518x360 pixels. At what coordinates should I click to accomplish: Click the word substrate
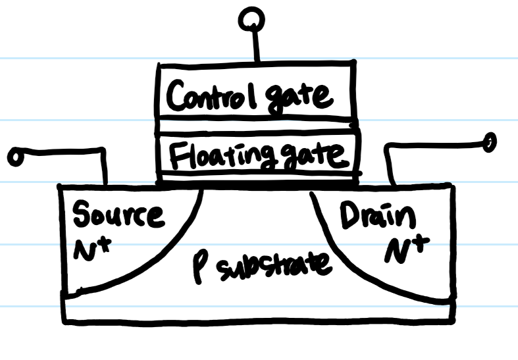click(x=273, y=265)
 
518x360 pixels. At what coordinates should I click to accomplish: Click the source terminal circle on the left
click(x=14, y=157)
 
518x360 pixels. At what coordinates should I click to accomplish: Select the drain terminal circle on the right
click(x=489, y=140)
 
